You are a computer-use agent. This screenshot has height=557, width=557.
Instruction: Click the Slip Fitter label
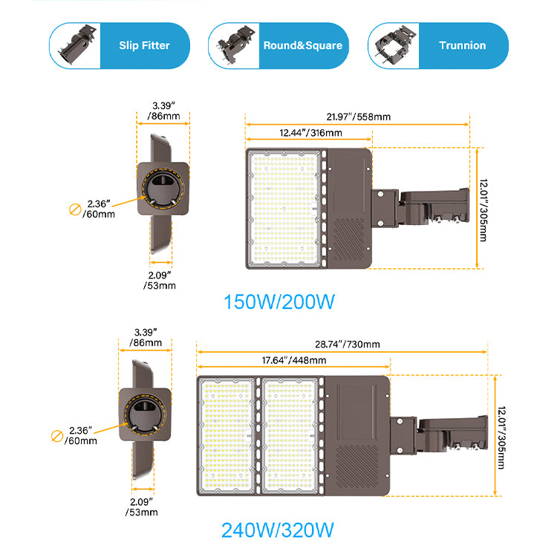click(144, 45)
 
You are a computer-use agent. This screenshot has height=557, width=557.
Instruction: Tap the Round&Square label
click(302, 45)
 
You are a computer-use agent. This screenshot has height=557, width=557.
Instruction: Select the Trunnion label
click(461, 45)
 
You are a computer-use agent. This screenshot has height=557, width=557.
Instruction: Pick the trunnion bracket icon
click(393, 46)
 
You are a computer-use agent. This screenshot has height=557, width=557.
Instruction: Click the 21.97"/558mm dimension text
click(359, 116)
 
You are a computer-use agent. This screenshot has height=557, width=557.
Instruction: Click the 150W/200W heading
click(280, 303)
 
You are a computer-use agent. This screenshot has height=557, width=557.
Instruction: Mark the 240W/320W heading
click(277, 530)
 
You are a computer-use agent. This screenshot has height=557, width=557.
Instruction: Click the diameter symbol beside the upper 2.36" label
click(75, 209)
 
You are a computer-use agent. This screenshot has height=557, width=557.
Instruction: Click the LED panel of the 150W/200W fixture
click(284, 208)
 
